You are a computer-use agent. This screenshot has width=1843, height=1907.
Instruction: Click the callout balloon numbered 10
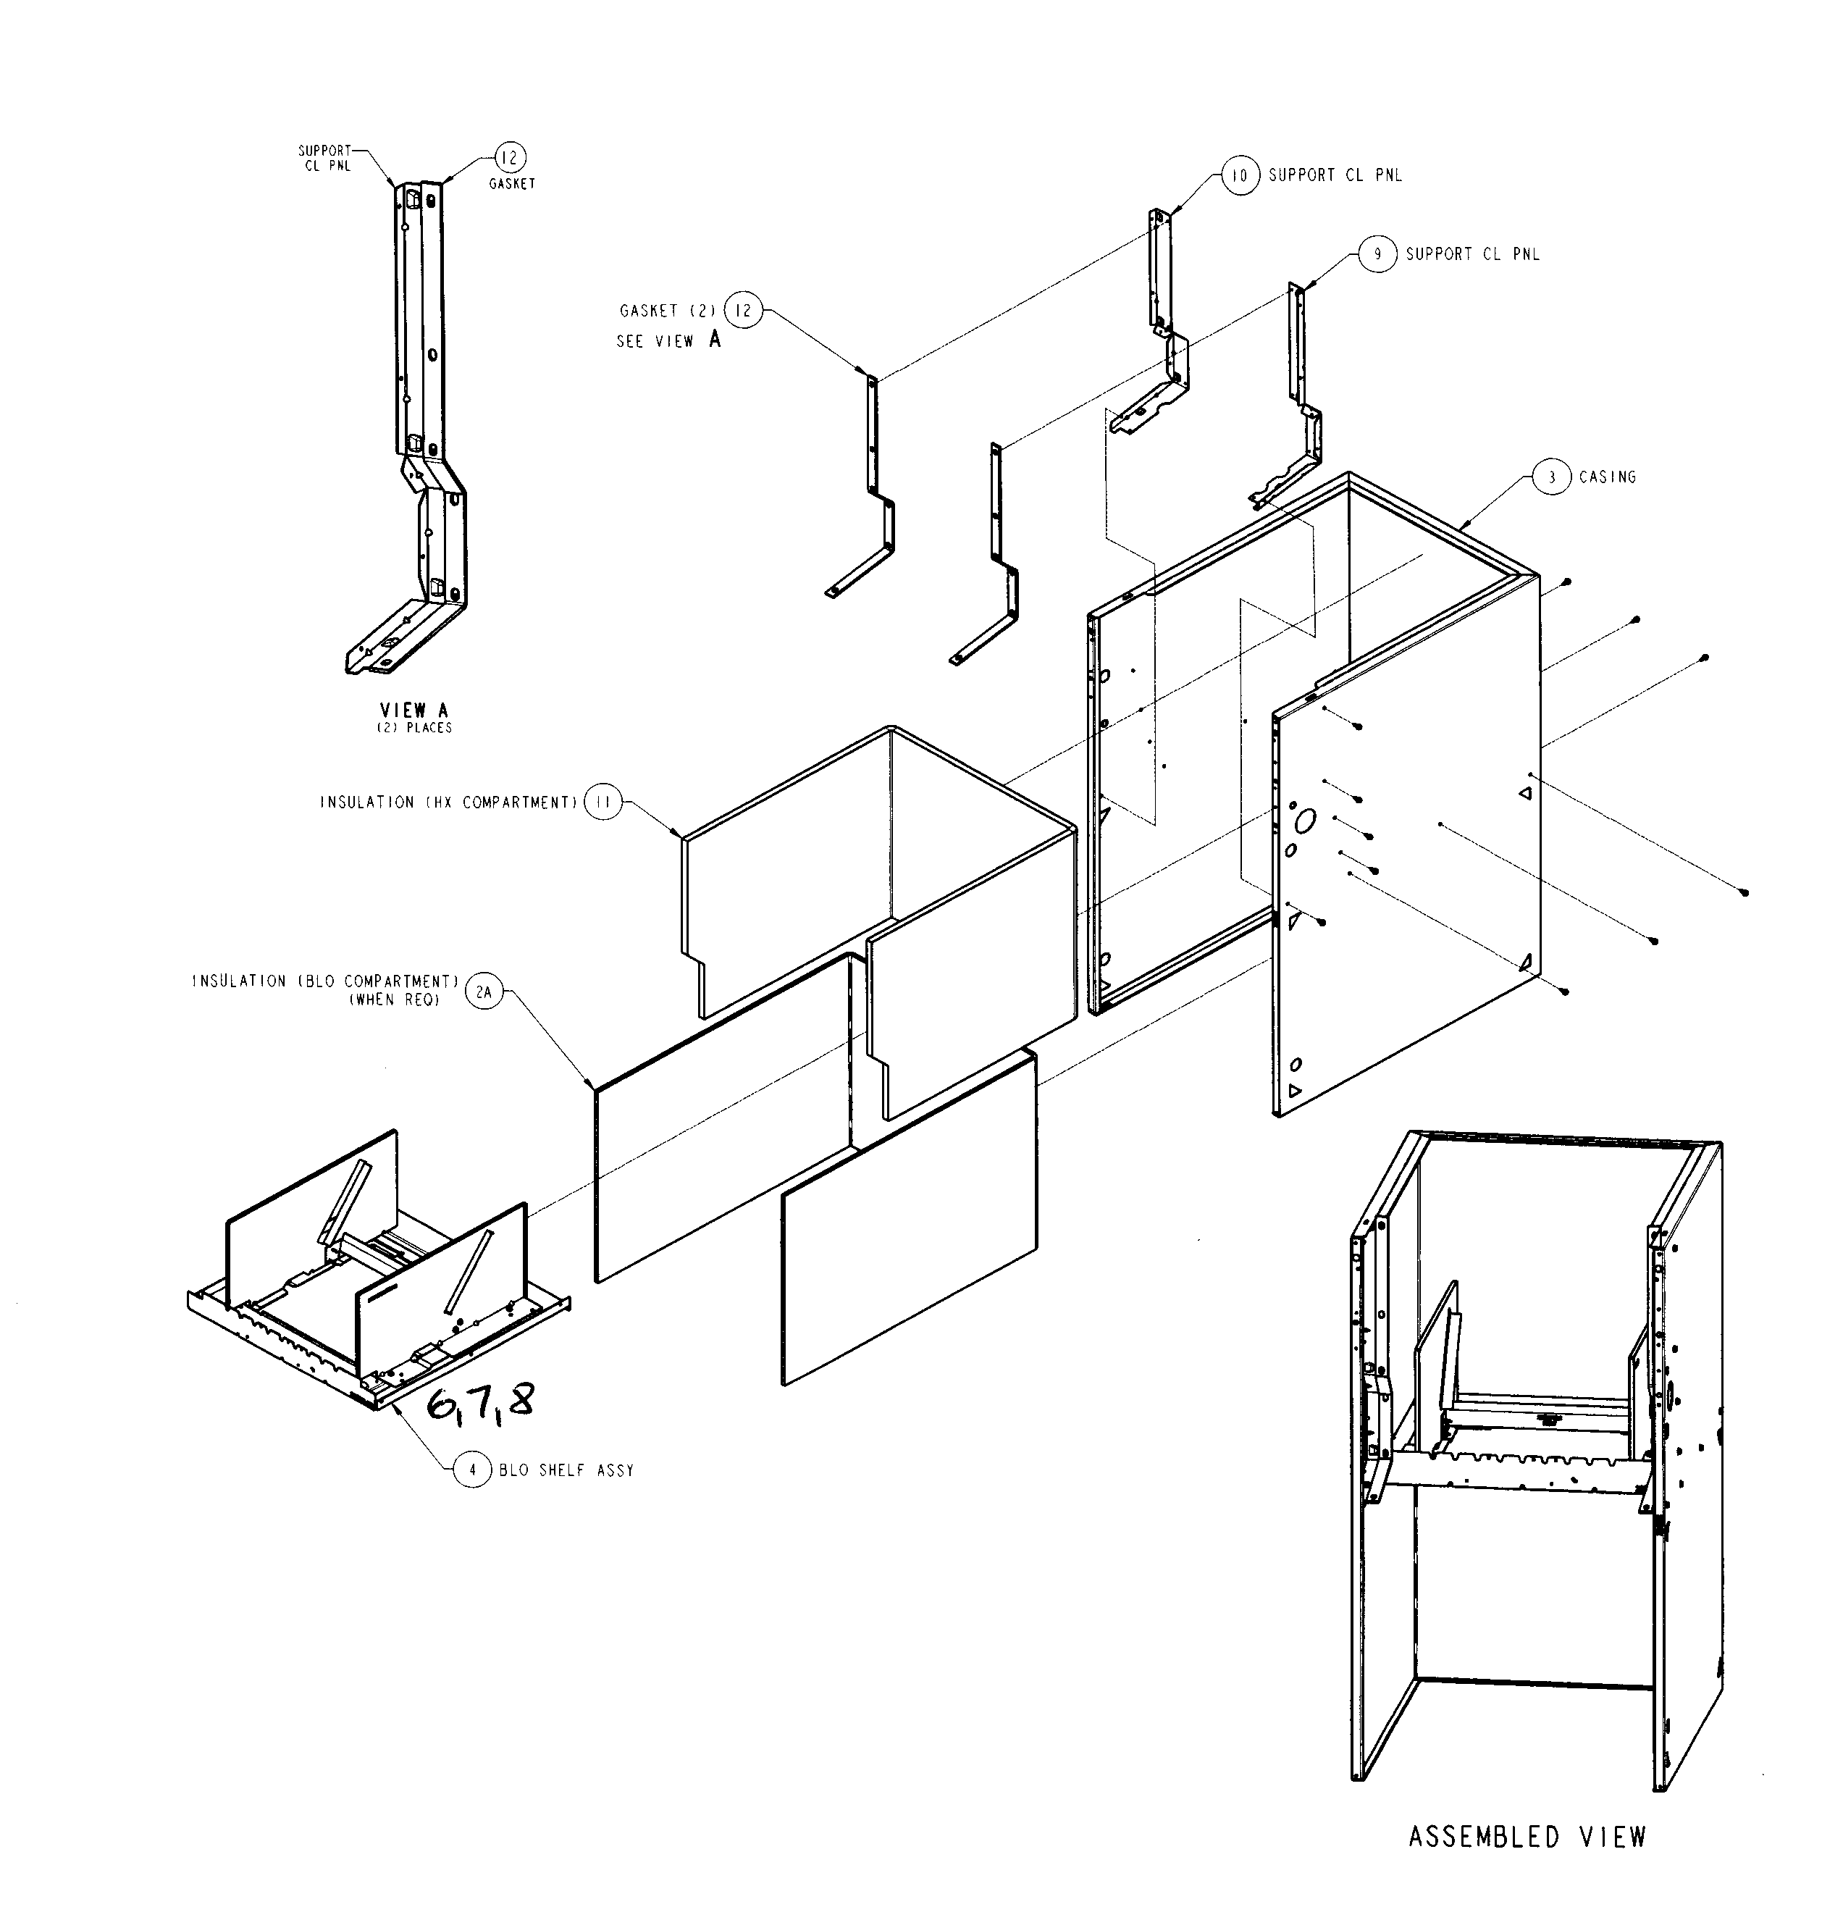(x=1240, y=176)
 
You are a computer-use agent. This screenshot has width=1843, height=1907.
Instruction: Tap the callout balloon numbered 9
(x=1377, y=255)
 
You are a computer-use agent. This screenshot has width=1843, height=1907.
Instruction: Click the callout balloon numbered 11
(x=603, y=802)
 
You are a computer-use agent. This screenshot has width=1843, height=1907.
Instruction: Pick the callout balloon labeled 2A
(x=484, y=992)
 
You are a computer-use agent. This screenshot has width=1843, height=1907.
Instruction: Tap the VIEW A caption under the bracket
(x=414, y=711)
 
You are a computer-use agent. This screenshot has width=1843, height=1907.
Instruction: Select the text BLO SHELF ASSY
(x=566, y=1470)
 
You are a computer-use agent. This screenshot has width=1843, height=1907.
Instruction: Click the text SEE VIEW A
(x=668, y=340)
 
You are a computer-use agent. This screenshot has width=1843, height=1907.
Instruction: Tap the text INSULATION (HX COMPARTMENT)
(x=448, y=802)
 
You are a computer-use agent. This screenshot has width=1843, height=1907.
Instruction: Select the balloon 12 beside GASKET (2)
(x=744, y=311)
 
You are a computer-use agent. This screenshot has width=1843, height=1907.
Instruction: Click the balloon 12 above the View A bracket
(x=509, y=158)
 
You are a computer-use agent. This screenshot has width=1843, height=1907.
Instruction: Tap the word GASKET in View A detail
(x=512, y=184)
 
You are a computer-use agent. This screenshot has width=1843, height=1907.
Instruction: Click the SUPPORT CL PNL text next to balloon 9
(x=1472, y=255)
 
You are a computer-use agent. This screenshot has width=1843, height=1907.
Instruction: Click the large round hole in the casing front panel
(x=1306, y=822)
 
